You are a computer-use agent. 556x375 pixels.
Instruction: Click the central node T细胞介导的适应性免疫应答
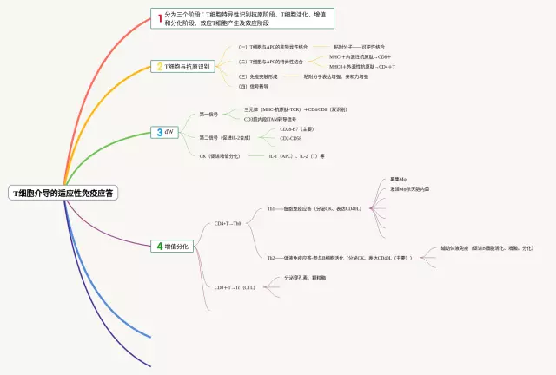[x=63, y=193]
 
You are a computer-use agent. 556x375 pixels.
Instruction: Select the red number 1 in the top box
[x=159, y=17]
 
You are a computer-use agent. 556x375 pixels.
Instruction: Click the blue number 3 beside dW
[x=158, y=132]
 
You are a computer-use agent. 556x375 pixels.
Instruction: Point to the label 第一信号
[x=208, y=114]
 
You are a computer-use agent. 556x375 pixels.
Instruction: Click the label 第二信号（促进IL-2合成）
[x=225, y=137]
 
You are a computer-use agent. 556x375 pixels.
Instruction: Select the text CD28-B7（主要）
[x=297, y=129]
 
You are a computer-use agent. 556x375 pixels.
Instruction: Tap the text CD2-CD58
[x=291, y=139]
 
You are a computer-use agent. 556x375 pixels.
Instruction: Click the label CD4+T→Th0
[x=228, y=223]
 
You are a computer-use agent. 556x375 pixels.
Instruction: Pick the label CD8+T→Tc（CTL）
[x=235, y=286]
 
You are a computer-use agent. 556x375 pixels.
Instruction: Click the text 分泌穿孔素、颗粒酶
[x=305, y=278]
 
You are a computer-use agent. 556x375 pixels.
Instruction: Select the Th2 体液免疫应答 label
[x=340, y=258]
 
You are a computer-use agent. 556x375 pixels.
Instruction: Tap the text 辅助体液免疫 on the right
[x=486, y=248]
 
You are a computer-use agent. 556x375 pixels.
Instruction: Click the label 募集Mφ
[x=399, y=180]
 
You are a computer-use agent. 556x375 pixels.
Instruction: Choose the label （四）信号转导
[x=254, y=86]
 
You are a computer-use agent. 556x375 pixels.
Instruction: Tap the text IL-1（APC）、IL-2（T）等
[x=297, y=156]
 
